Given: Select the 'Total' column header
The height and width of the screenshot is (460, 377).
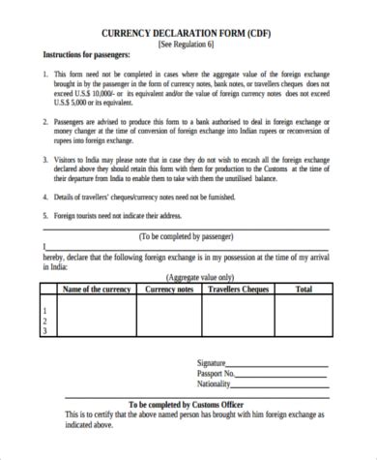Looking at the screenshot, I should tap(304, 289).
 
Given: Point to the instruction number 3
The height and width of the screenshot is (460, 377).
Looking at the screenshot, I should tap(45, 157).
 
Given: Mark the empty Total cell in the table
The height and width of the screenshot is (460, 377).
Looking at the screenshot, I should tap(304, 316).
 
